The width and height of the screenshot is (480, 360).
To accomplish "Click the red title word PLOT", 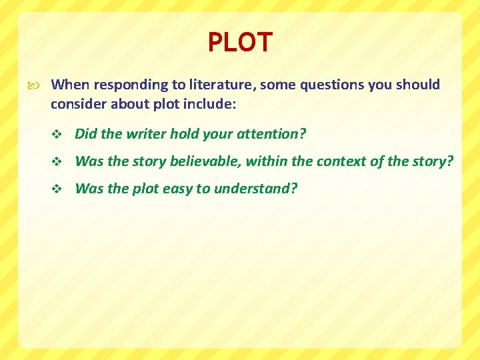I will pos(240,43).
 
